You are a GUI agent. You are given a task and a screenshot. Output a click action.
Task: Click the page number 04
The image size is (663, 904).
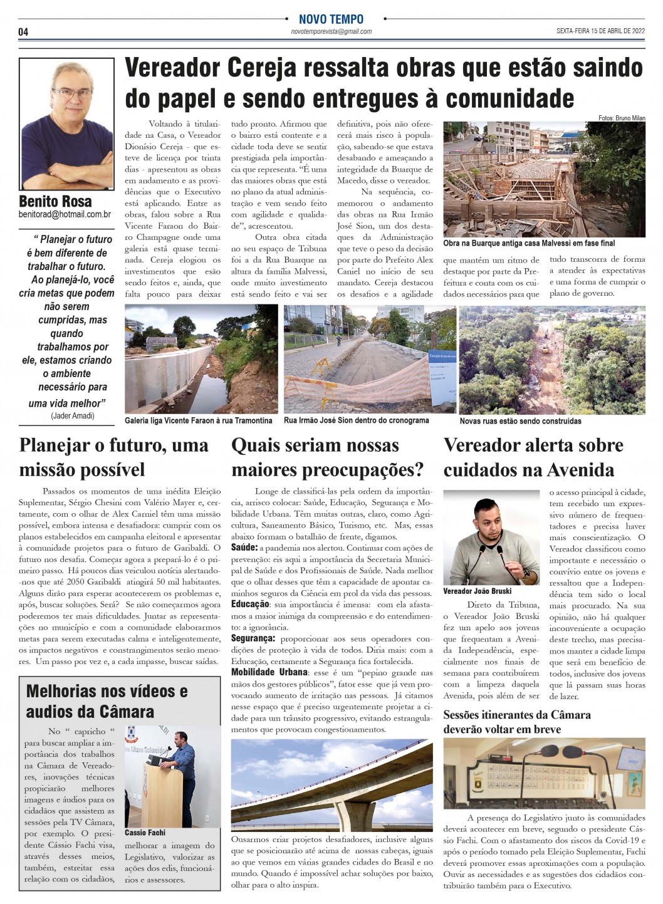(x=23, y=32)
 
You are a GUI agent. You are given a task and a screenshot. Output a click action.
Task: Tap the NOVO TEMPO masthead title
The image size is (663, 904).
(x=331, y=19)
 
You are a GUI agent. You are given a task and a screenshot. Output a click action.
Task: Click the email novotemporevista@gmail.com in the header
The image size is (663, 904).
(x=331, y=32)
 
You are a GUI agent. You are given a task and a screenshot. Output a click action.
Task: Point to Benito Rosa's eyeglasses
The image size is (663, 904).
(x=71, y=94)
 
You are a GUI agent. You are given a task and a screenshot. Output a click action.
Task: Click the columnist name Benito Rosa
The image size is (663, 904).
(x=55, y=201)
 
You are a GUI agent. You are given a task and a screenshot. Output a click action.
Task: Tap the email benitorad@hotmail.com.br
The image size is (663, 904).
(x=65, y=214)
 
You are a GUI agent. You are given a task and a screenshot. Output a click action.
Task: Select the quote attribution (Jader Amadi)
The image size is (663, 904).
(x=73, y=416)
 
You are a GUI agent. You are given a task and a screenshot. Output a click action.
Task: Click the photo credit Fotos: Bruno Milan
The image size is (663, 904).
(x=621, y=118)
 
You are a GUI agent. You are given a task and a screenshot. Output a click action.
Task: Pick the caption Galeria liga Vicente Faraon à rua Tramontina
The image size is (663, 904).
(x=198, y=420)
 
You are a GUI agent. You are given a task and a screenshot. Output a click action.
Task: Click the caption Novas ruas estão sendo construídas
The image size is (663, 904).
(x=520, y=421)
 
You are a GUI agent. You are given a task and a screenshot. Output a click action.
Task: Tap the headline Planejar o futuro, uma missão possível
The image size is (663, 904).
(x=113, y=457)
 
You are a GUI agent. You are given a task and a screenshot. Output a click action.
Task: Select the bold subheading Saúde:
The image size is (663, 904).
(x=244, y=548)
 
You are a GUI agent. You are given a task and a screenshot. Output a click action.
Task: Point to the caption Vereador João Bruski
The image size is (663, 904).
(x=477, y=591)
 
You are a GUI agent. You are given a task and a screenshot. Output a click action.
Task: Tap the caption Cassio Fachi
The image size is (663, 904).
(x=145, y=833)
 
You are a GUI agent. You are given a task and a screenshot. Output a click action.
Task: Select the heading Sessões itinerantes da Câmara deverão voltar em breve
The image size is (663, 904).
(x=516, y=722)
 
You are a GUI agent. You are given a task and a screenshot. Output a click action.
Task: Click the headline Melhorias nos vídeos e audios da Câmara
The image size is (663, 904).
(x=107, y=701)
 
